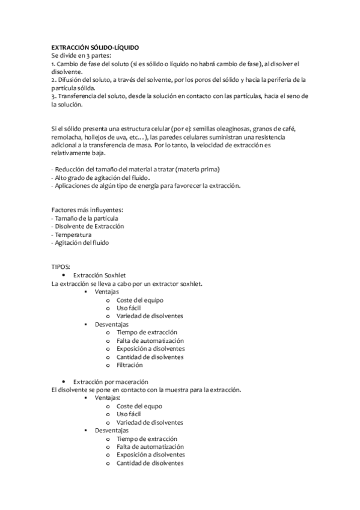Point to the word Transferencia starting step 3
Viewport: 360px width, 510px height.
[x=76, y=96]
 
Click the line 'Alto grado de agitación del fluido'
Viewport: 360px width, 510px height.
[x=101, y=177]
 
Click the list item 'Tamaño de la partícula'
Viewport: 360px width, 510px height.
[x=85, y=218]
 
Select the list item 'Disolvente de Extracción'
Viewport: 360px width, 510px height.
[x=89, y=227]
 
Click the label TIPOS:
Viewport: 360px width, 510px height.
[x=61, y=266]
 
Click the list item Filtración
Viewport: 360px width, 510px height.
[x=130, y=365]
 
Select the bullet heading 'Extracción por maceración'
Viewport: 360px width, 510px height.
[x=111, y=382]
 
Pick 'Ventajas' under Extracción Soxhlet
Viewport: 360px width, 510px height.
[x=107, y=292]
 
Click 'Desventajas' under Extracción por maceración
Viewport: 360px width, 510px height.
[x=112, y=431]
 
